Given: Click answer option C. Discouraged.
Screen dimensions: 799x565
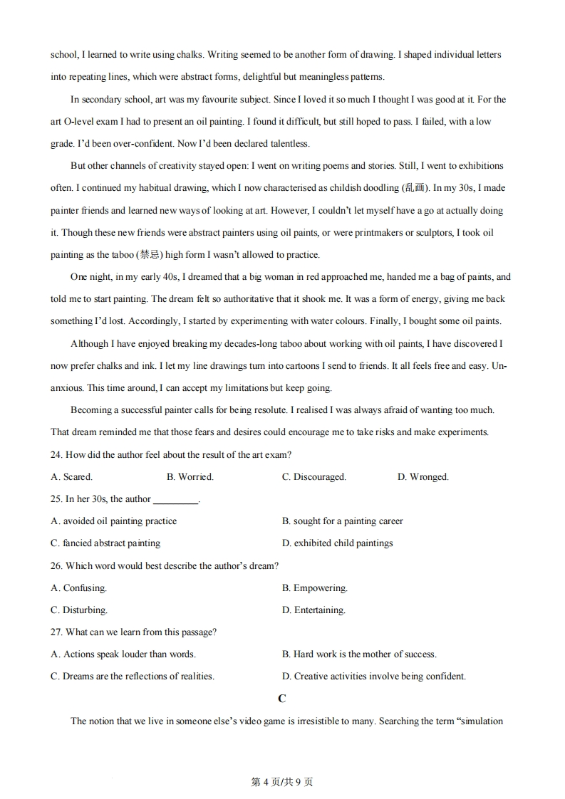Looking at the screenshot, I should point(313,477).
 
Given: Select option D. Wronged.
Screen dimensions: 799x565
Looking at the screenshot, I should point(423,477).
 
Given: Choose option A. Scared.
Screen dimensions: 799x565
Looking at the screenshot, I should point(71,477).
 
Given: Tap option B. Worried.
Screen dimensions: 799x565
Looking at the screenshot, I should point(190,477).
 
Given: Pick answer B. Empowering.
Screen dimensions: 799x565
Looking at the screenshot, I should point(314,588).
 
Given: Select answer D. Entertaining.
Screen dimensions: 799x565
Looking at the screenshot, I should point(313,610).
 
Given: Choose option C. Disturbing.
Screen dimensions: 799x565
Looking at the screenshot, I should point(79,610).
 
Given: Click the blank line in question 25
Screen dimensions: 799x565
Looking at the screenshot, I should point(175,501).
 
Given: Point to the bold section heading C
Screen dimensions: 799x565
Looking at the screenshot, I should point(282,699).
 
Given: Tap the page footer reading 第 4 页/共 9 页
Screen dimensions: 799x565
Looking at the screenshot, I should point(282,782).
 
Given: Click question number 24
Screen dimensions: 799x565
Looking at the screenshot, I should point(57,455).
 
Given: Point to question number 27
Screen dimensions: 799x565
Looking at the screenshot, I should point(57,632).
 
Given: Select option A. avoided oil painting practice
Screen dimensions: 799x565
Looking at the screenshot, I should point(113,521).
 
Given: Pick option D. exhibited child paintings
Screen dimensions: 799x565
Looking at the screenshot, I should point(337,543).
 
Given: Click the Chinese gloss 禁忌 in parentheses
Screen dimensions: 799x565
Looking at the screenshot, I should point(148,255).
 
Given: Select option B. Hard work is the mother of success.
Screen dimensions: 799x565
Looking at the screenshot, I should point(359,654).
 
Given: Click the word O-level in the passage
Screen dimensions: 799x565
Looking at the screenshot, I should point(81,122).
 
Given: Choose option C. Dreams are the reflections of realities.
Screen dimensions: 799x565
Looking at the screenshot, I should point(132,677).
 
